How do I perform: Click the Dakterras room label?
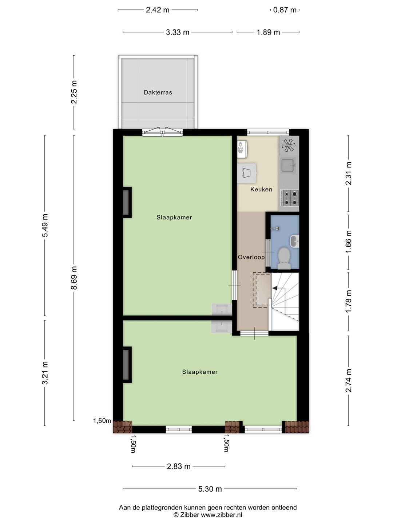(x=158, y=92)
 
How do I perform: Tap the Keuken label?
(x=261, y=189)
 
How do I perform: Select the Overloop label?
(x=251, y=257)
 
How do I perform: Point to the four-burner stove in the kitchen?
(x=289, y=198)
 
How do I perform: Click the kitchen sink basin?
(x=288, y=165)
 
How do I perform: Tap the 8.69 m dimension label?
(x=74, y=278)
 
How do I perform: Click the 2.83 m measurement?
(x=179, y=466)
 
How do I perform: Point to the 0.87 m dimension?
(x=285, y=10)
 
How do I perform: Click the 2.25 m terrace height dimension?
(x=74, y=92)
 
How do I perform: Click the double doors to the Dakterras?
(x=163, y=132)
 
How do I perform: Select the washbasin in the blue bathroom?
(x=295, y=241)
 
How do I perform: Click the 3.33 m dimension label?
(x=178, y=32)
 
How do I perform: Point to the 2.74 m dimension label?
(x=349, y=381)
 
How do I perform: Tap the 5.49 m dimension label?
(x=45, y=225)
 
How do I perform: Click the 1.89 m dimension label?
(x=268, y=32)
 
